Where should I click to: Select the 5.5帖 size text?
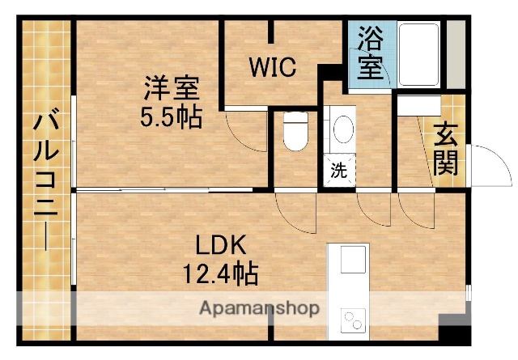171,116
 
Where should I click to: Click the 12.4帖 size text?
219,274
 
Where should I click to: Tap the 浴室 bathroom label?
370,53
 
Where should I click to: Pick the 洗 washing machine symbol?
339,171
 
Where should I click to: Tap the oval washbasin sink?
343,129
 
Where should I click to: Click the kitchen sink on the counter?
353,261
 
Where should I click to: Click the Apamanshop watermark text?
259,307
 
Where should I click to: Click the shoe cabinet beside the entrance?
418,105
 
